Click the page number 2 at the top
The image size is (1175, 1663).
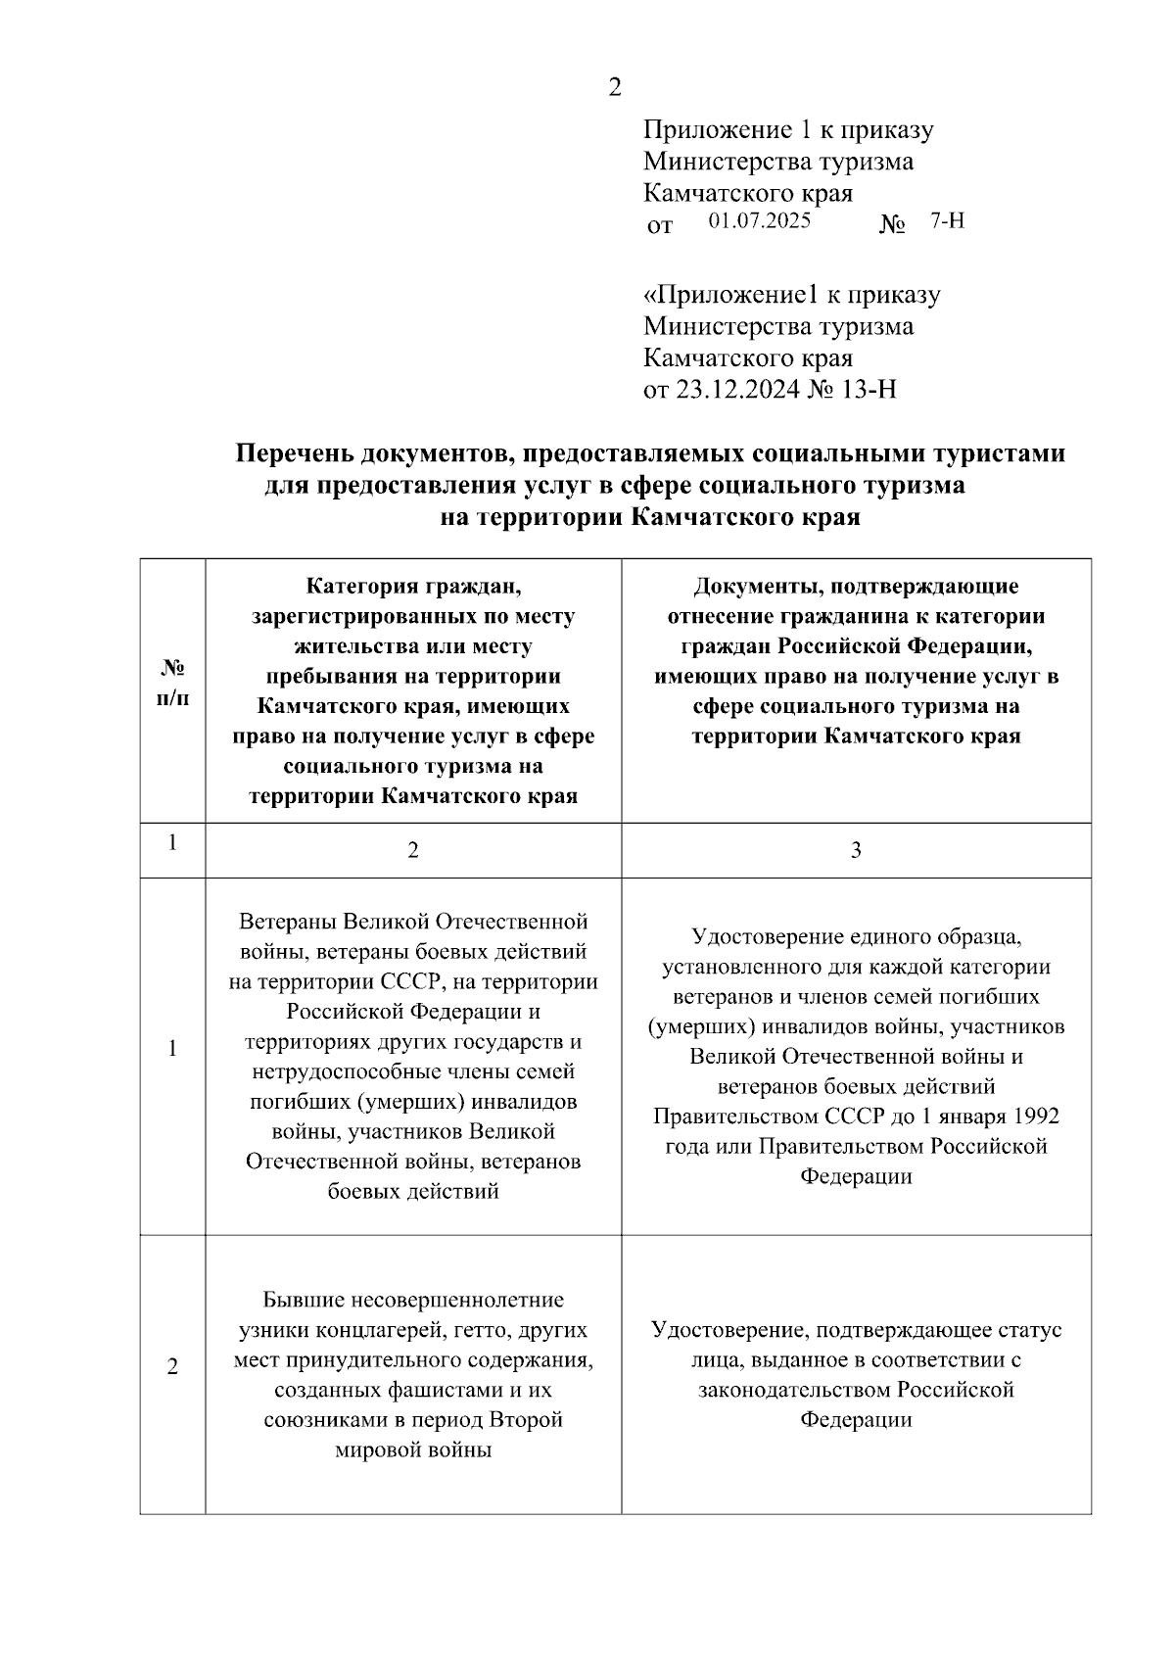click(x=614, y=87)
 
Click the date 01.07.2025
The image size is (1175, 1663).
click(x=760, y=220)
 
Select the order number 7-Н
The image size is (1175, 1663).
click(x=947, y=220)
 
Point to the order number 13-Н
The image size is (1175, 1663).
click(x=869, y=390)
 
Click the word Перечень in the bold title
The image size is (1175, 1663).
click(x=295, y=454)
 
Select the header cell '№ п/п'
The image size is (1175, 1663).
click(x=172, y=683)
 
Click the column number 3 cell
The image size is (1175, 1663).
click(x=856, y=850)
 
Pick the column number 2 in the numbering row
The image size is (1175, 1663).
click(x=413, y=850)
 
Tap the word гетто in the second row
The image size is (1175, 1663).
click(x=480, y=1330)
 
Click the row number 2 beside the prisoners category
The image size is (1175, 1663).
click(x=172, y=1367)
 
